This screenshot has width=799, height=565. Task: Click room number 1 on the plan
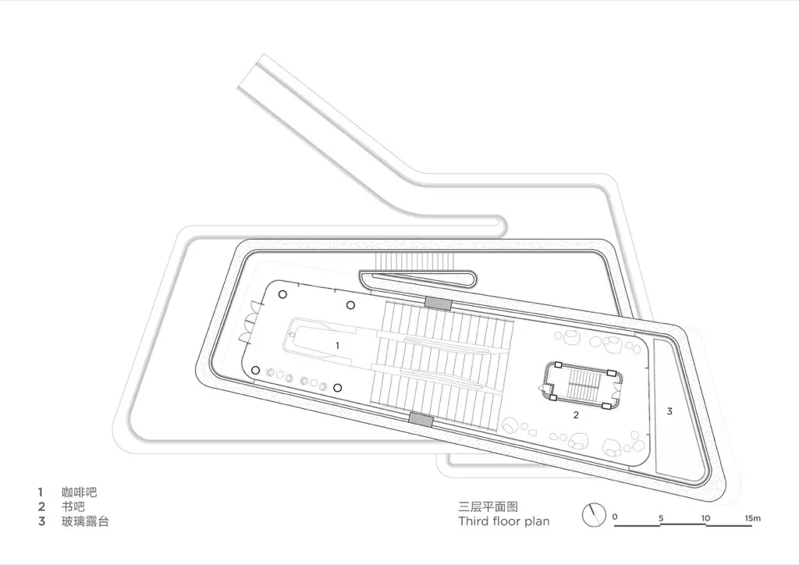click(337, 346)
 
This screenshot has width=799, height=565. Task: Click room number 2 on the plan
click(576, 414)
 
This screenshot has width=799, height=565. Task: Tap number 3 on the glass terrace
click(669, 410)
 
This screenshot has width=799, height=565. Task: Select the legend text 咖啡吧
click(79, 492)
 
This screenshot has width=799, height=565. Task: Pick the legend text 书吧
click(73, 507)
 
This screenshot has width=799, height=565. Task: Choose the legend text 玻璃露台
click(85, 521)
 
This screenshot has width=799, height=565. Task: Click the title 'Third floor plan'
click(504, 521)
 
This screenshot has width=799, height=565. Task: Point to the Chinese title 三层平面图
click(488, 507)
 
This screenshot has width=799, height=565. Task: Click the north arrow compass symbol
click(594, 515)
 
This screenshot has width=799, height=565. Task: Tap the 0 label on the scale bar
click(615, 517)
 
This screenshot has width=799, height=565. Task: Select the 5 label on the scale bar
click(661, 519)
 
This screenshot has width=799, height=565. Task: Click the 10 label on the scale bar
click(705, 518)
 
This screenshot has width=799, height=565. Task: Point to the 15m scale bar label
click(753, 518)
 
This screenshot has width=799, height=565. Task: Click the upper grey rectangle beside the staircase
click(439, 303)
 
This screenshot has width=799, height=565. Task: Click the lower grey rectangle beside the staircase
click(421, 420)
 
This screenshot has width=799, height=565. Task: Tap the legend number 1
click(41, 492)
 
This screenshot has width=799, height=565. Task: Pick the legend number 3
click(41, 521)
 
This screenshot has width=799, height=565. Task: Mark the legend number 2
click(41, 507)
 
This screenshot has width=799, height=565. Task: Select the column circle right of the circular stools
click(337, 388)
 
